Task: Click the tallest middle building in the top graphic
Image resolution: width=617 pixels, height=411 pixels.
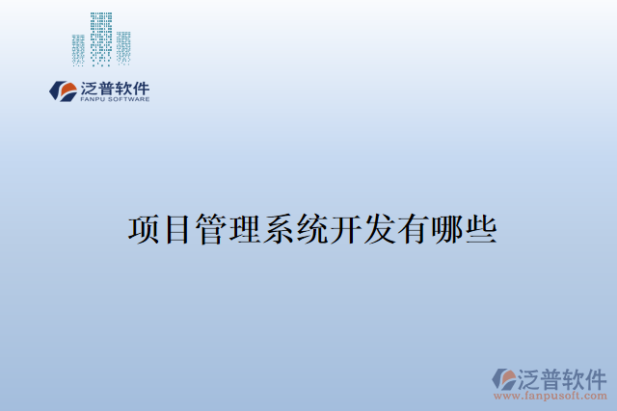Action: point(101,39)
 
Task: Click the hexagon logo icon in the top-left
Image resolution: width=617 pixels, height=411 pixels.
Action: point(64,91)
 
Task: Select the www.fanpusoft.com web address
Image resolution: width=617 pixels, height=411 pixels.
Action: point(550,396)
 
